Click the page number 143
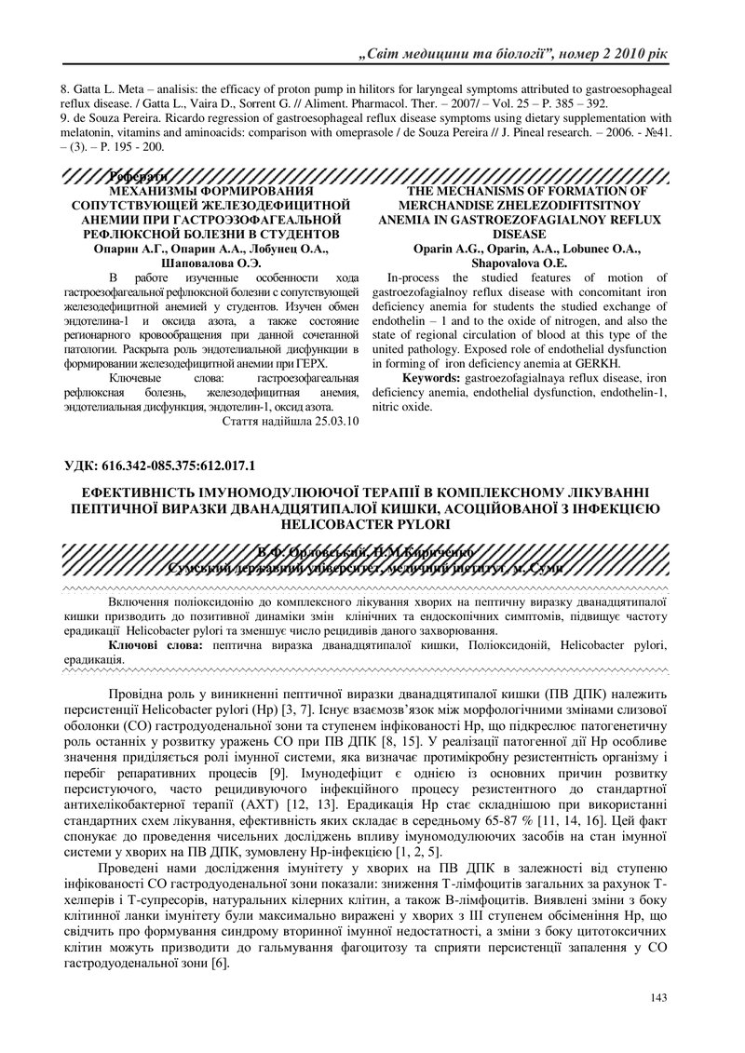(x=659, y=998)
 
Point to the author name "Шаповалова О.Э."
(x=210, y=263)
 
